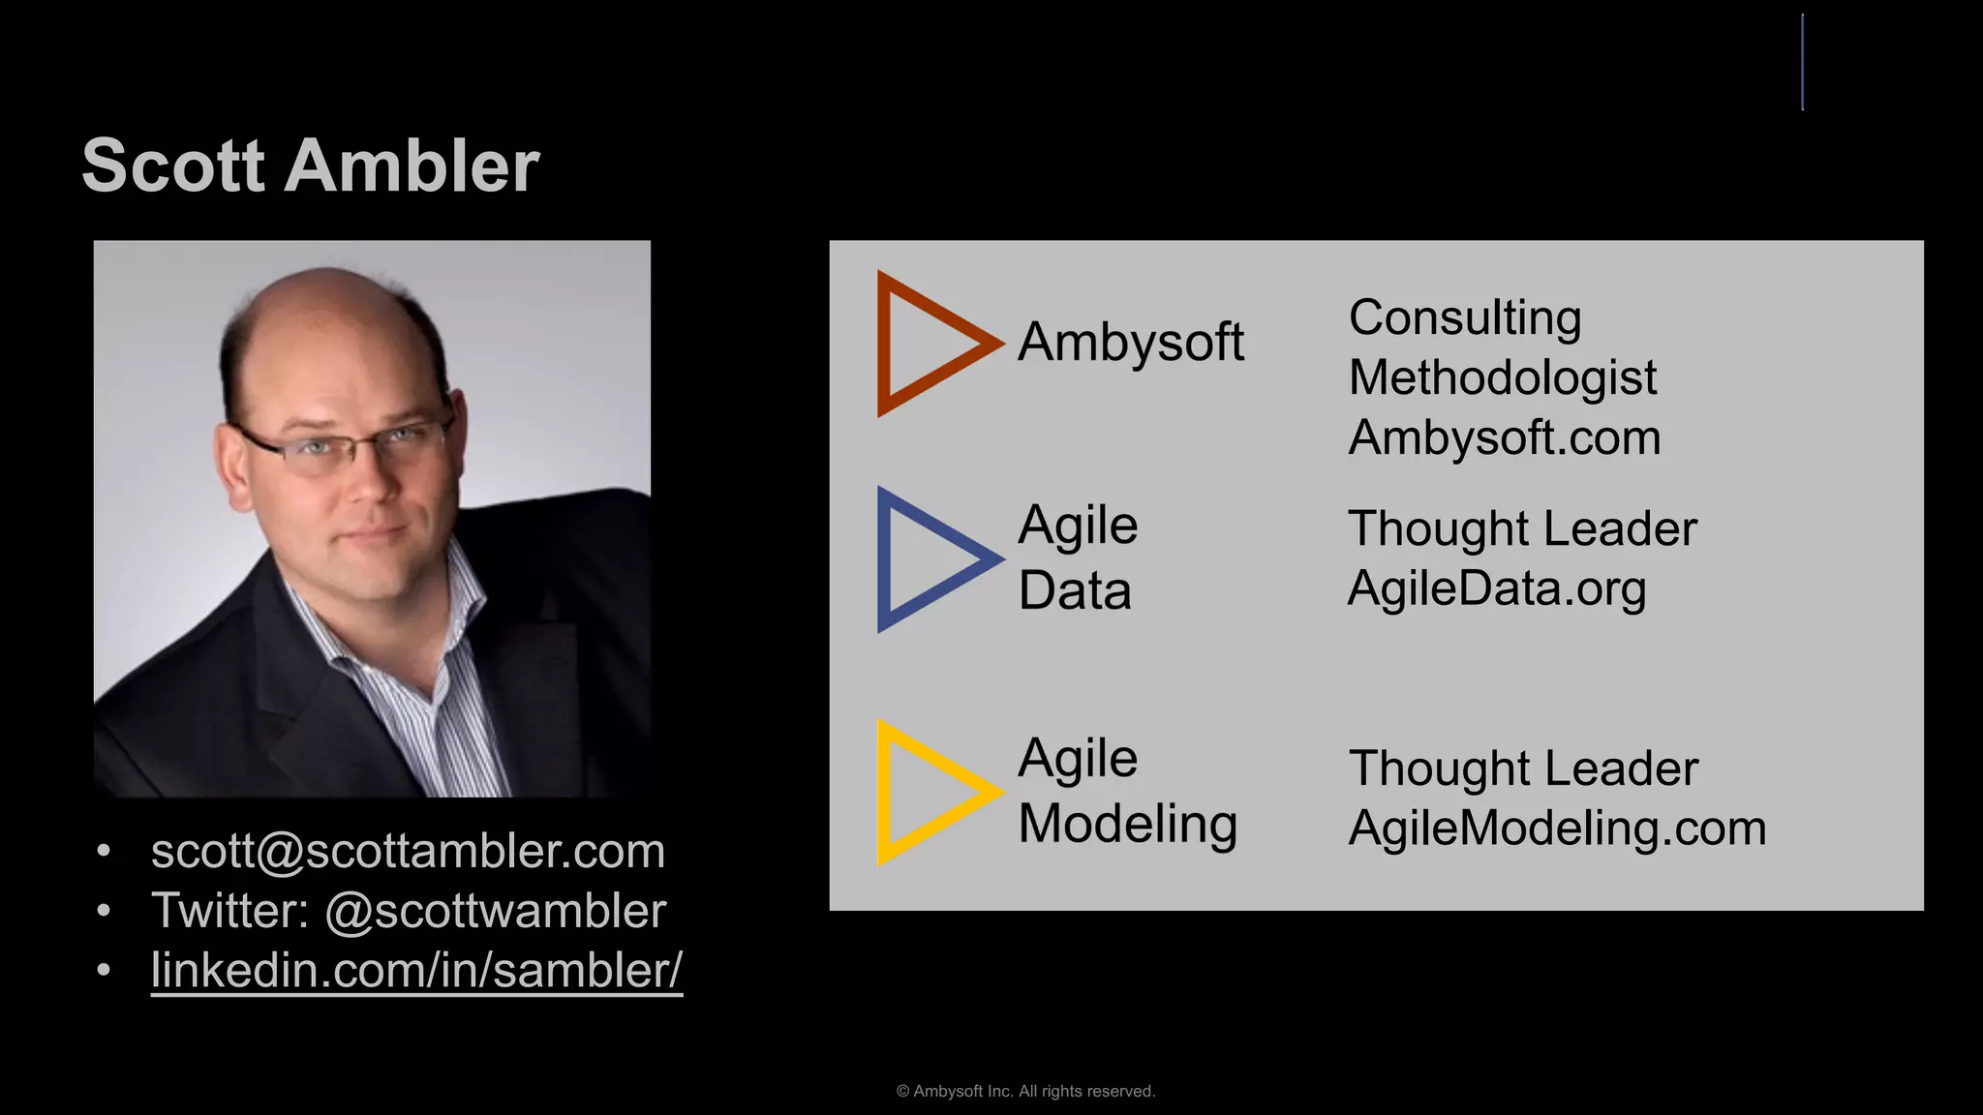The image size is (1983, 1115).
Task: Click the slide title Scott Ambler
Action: (310, 166)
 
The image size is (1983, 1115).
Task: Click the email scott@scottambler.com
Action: (408, 851)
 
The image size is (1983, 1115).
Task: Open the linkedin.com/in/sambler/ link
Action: (416, 970)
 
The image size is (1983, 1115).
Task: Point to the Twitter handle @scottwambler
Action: (495, 911)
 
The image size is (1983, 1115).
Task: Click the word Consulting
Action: (1464, 317)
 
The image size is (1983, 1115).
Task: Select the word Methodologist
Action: (1502, 377)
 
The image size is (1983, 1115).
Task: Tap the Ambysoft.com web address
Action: (1505, 437)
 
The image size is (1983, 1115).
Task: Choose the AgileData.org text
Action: (1497, 588)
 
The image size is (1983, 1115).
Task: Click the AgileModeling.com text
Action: (1557, 829)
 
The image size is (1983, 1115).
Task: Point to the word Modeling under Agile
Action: (1127, 825)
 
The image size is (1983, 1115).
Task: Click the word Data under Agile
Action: (1075, 590)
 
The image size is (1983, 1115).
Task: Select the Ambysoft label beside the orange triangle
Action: (1130, 343)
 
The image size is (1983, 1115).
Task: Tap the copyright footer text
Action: (1025, 1091)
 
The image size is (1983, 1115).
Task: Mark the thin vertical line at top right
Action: (1802, 62)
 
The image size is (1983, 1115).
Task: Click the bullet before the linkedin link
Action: (104, 970)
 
